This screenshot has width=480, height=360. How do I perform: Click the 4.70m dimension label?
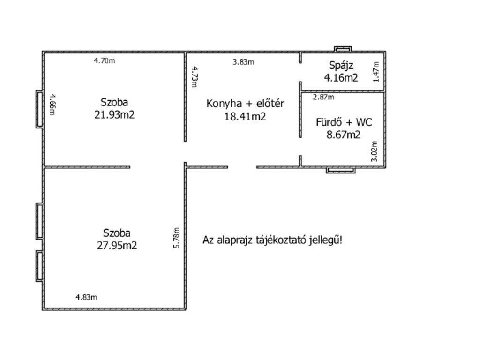coord(105,60)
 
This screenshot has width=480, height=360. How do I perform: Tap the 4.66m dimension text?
coord(52,105)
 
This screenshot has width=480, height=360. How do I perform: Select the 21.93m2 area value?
coord(114,115)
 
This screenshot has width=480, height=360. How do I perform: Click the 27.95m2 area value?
coord(117,246)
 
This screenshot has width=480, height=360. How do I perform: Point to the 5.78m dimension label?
coord(176,238)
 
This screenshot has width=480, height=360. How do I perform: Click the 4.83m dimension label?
coord(86,297)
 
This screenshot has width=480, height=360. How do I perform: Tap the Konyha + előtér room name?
coord(245,104)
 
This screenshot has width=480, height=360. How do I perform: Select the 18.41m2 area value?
coord(245,117)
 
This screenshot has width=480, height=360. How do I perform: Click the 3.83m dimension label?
coord(243,62)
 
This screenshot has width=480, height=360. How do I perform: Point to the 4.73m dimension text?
coord(195,77)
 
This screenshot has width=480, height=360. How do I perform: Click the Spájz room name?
coord(341,65)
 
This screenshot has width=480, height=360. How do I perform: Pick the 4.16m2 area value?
coord(341,77)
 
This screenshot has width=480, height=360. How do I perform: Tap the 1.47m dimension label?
coord(376,72)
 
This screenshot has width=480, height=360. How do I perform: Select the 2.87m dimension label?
coord(323,97)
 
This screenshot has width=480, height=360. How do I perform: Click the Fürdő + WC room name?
coord(344,122)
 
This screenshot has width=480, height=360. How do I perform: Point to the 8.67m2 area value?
coord(344,135)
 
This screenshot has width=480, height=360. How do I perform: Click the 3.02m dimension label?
coord(374,151)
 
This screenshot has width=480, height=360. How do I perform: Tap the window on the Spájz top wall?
coord(343,49)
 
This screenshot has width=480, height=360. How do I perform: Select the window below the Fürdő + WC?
coord(341,170)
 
